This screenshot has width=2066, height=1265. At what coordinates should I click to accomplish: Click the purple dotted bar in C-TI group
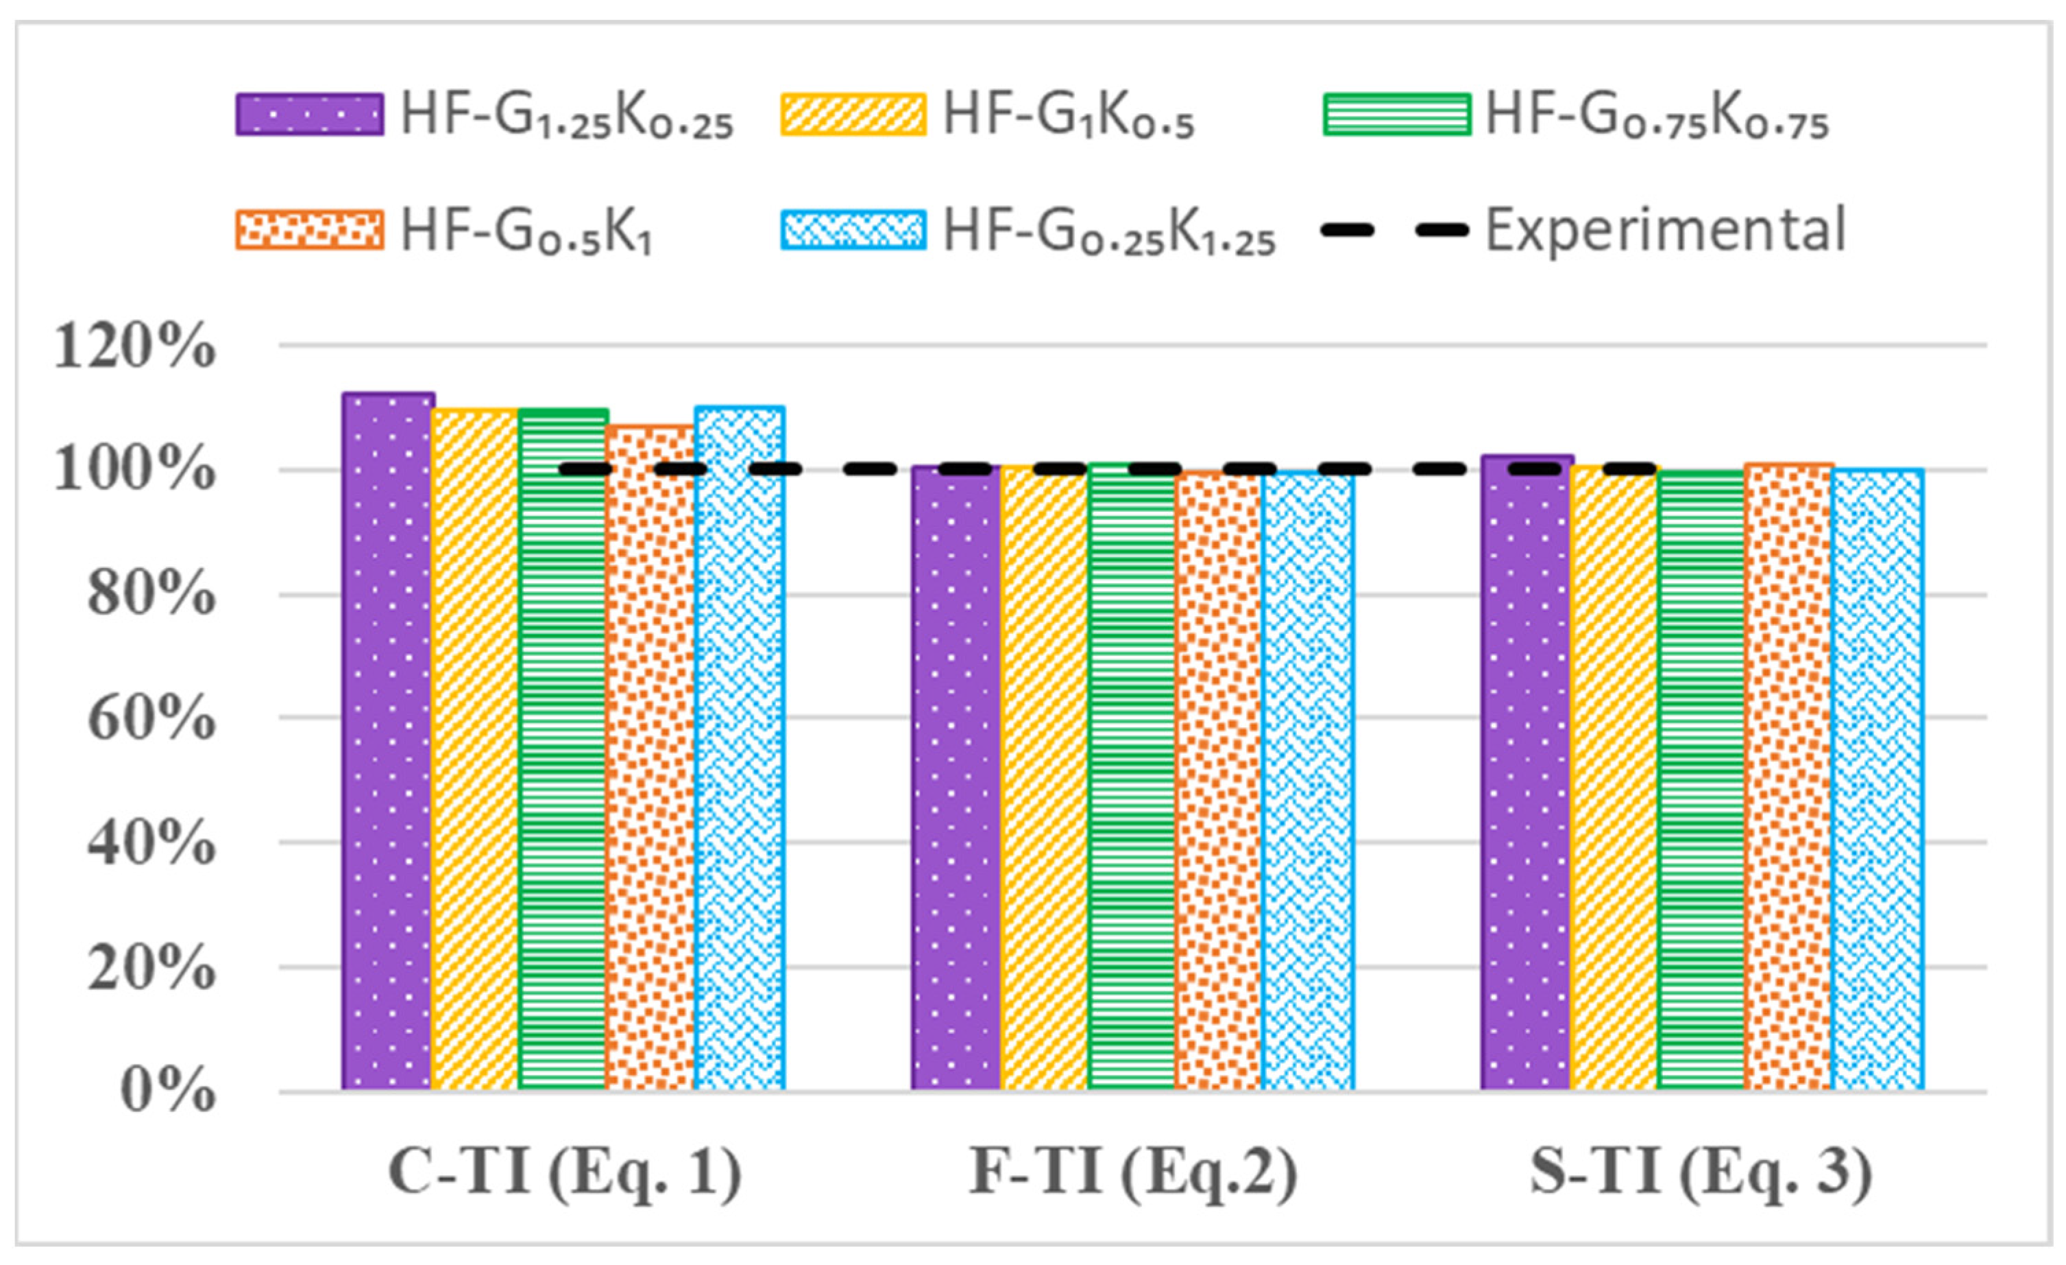click(387, 742)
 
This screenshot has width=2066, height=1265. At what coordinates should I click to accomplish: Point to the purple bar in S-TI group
click(1526, 772)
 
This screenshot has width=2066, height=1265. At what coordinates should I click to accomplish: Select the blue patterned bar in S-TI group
click(1878, 779)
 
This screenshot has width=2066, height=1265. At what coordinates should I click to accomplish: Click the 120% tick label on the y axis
click(134, 346)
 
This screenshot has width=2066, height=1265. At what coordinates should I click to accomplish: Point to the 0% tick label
click(168, 1091)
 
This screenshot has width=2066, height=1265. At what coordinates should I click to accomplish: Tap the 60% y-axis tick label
click(151, 718)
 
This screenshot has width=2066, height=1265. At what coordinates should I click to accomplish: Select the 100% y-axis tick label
click(134, 471)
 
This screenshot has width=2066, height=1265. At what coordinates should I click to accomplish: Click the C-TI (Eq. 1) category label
click(564, 1172)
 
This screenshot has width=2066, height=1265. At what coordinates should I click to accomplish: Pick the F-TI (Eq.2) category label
click(1134, 1172)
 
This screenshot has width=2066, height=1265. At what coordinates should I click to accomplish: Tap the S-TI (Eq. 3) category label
click(1702, 1172)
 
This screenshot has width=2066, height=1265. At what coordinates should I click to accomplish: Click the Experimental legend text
click(1666, 229)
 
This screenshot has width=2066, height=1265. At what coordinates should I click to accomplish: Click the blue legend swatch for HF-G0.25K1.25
click(853, 229)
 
